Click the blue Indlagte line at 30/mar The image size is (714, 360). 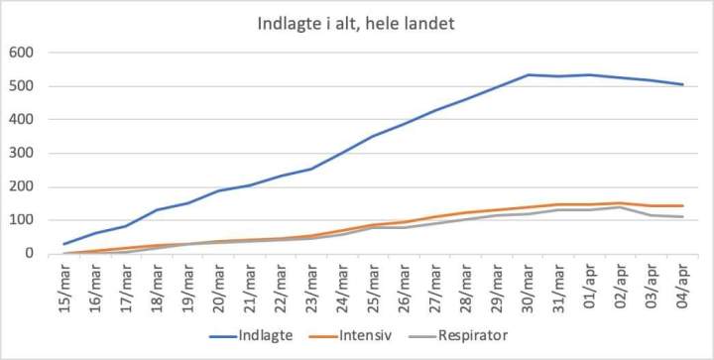point(529,74)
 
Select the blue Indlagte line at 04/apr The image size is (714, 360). point(682,84)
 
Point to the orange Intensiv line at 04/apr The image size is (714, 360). point(682,205)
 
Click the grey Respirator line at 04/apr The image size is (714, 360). point(682,217)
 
